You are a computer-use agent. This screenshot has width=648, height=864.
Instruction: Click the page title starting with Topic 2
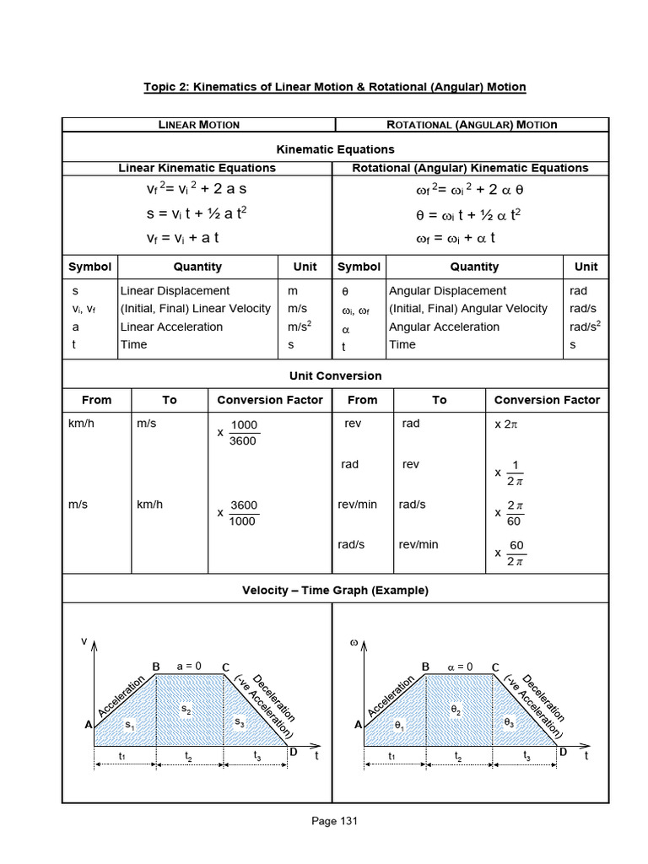[335, 87]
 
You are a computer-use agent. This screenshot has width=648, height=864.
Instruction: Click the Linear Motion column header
[199, 125]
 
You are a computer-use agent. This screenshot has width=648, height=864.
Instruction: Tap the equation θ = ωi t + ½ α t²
[469, 214]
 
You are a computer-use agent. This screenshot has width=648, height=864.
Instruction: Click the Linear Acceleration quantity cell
[172, 327]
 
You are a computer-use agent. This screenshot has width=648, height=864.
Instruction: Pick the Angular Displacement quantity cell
[447, 290]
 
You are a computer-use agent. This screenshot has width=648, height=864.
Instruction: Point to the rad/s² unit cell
[585, 327]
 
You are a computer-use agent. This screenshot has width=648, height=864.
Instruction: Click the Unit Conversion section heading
[335, 375]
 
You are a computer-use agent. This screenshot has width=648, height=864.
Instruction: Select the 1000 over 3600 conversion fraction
[244, 433]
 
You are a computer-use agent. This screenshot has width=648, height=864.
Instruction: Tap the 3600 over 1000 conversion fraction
[244, 513]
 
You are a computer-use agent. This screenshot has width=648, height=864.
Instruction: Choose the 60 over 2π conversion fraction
[516, 553]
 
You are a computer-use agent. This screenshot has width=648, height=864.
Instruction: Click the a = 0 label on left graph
[189, 666]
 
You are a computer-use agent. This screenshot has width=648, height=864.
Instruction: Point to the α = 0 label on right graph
[461, 666]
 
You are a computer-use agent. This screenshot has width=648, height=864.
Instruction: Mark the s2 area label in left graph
[186, 710]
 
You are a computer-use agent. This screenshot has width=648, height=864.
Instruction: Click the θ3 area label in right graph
[509, 722]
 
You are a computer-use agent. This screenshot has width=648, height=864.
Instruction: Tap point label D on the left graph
[293, 751]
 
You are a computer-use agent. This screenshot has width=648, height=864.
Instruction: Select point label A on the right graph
[358, 724]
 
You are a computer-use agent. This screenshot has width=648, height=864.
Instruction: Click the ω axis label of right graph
[354, 644]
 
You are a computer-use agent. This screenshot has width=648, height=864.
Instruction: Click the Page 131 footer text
[335, 821]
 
